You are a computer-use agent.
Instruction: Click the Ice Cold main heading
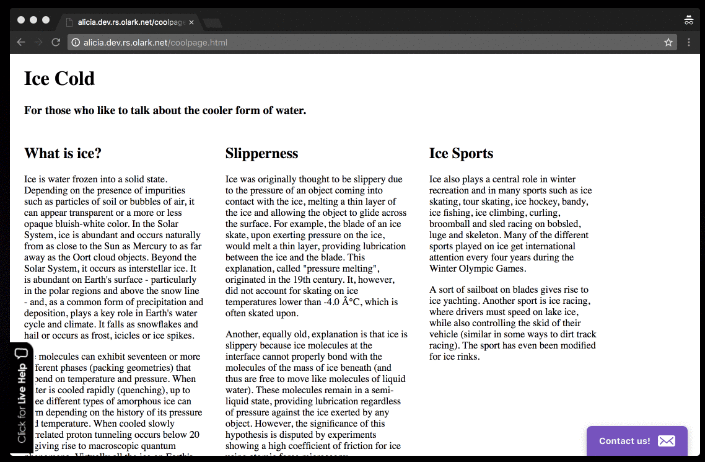coord(59,79)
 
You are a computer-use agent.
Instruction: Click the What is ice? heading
coord(63,153)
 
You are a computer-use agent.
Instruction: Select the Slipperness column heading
coord(261,153)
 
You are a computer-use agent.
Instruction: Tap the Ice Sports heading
coord(461,153)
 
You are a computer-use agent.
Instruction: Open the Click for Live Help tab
coord(22,397)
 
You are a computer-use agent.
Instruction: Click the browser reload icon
coord(56,42)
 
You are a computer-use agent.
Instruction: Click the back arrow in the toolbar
coord(21,42)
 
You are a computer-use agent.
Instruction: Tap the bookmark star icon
coord(668,42)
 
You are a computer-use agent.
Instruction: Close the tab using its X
coord(191,22)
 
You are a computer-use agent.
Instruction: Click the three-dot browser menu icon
coord(689,42)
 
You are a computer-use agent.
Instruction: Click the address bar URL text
coord(155,43)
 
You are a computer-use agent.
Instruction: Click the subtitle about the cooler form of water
coord(165,111)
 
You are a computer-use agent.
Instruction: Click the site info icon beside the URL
coord(75,43)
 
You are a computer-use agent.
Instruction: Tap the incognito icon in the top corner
coord(688,20)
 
